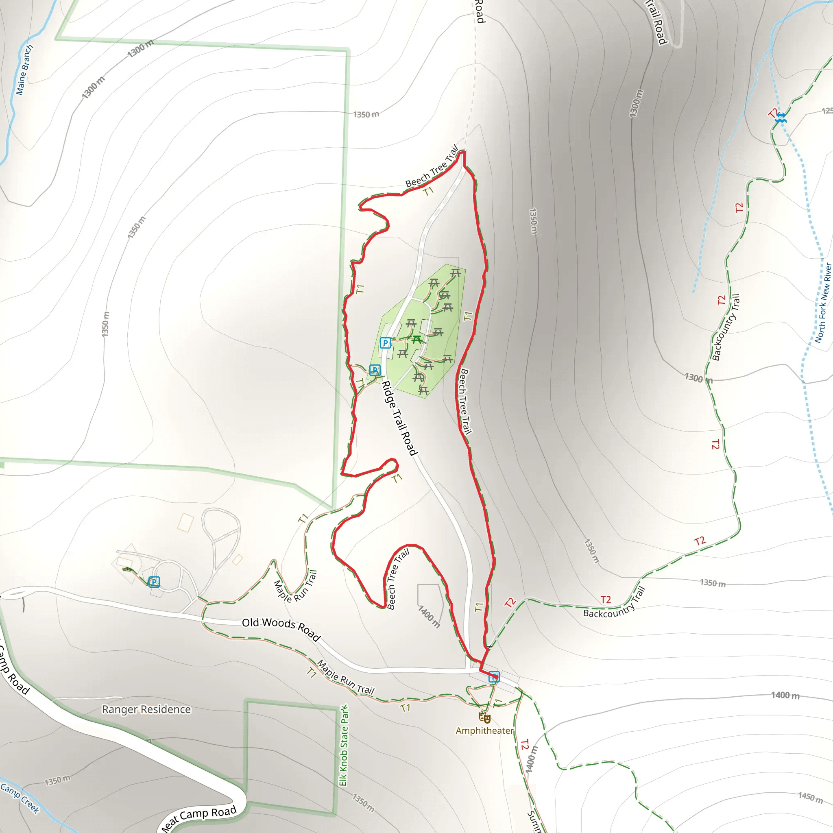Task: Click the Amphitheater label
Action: tap(484, 731)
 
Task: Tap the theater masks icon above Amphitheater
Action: tap(484, 718)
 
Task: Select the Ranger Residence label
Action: tap(146, 709)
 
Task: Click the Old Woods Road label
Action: tap(281, 629)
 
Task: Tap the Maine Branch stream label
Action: tap(24, 70)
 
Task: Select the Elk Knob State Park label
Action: tap(344, 746)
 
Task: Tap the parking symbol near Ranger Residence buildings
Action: tap(154, 582)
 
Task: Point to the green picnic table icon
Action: tap(416, 340)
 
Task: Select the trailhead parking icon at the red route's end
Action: tap(494, 677)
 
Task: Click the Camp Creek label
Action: tap(20, 798)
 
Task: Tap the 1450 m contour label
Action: tap(810, 797)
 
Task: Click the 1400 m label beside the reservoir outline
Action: tap(429, 616)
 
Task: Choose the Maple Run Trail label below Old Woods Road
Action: tap(345, 677)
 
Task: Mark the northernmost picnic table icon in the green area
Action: tap(456, 273)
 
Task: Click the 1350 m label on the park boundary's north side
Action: tap(366, 114)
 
